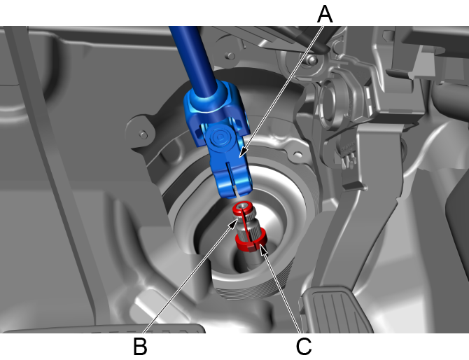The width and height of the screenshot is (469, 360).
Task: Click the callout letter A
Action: pyautogui.click(x=325, y=14)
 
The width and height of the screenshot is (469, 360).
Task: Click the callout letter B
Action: pyautogui.click(x=140, y=346)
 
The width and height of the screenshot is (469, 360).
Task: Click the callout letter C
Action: pyautogui.click(x=304, y=347)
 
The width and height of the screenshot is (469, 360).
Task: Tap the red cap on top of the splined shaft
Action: pyautogui.click(x=243, y=207)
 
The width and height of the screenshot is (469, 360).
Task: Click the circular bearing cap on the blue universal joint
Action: pyautogui.click(x=220, y=138)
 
